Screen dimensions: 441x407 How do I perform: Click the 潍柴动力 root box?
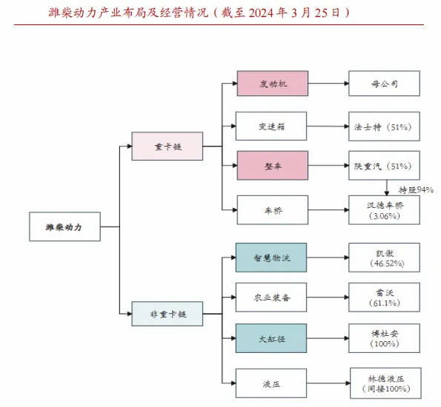coord(64,226)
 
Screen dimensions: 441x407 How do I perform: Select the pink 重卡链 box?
coord(168,147)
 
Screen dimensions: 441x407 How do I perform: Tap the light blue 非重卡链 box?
coord(168,314)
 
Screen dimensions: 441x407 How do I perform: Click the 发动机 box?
coord(273,84)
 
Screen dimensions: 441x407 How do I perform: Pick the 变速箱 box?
coord(271,126)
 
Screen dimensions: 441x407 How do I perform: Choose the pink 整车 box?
coord(273,166)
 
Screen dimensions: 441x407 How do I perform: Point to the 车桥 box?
coord(273,210)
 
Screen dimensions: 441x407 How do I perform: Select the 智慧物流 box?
coord(271,258)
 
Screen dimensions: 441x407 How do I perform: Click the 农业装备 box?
coord(271,297)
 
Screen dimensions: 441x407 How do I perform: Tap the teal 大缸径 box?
coord(271,338)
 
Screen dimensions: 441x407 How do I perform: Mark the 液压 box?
coord(271,383)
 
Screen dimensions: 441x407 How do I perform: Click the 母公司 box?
coord(384,84)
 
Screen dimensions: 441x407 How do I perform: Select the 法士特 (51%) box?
coord(384,126)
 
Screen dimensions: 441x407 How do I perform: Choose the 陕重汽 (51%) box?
coord(384,166)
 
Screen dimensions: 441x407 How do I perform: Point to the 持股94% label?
coord(416,190)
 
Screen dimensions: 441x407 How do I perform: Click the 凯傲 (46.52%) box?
coord(384,258)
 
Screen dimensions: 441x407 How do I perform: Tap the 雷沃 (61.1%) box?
coord(384,297)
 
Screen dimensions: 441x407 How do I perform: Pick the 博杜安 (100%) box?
coord(384,338)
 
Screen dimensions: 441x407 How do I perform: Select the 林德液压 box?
coord(385,383)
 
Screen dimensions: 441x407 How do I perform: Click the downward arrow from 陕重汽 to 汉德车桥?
coord(387,188)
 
